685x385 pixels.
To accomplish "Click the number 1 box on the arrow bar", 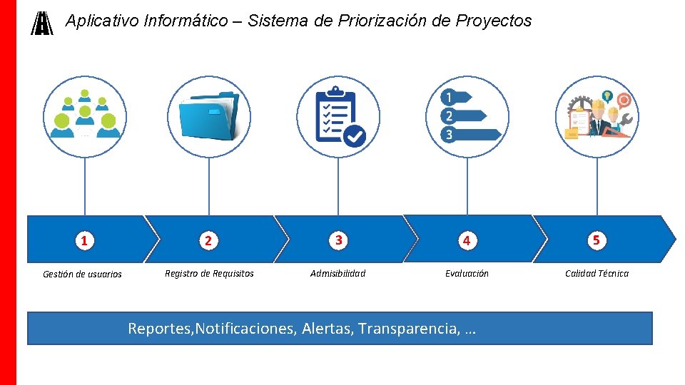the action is click(84, 241).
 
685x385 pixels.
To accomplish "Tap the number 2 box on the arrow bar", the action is click(208, 241).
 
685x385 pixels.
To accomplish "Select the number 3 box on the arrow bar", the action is click(338, 240).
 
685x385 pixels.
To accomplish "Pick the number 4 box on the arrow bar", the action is click(466, 241).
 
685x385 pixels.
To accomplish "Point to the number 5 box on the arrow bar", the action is click(597, 240).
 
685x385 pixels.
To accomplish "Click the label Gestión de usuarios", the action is click(82, 274).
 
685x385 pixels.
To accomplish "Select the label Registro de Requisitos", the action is click(209, 273).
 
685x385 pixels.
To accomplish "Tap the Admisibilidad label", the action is click(338, 273).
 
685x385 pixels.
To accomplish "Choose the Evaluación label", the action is click(467, 273).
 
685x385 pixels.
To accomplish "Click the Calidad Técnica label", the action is click(597, 273).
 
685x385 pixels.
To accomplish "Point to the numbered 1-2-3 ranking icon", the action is click(468, 116).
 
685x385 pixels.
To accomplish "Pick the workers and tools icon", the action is click(597, 115).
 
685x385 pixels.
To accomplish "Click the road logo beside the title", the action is click(43, 24).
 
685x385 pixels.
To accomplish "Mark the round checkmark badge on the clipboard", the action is click(355, 135).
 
